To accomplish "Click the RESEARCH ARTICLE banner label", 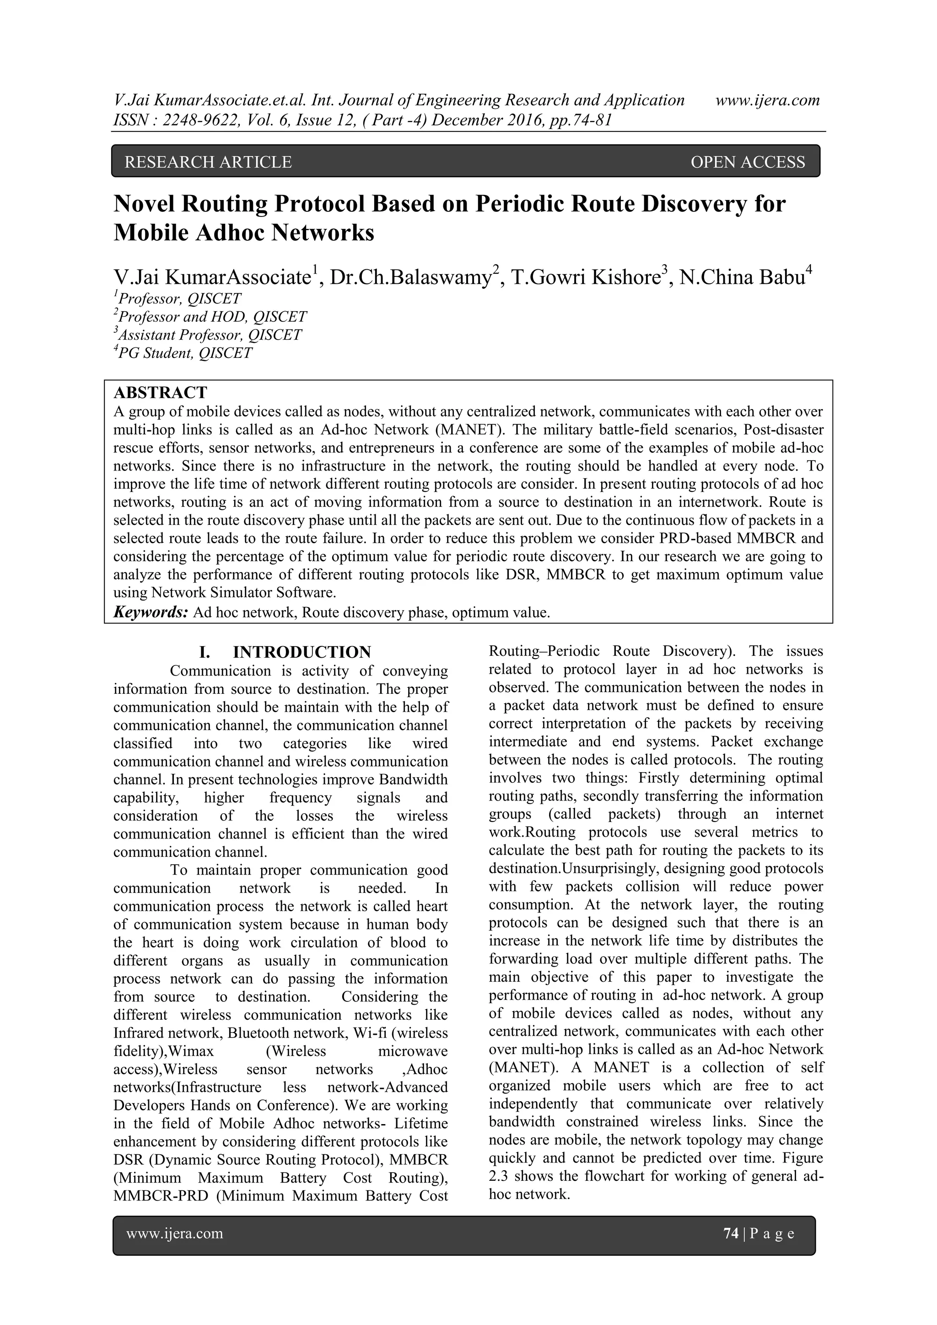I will (x=208, y=162).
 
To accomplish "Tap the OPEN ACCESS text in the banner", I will (x=747, y=162).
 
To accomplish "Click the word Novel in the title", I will (x=144, y=204).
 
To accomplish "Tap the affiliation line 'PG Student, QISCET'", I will (x=185, y=353).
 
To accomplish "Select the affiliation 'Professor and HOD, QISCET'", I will (x=212, y=317).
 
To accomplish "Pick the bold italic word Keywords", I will (x=151, y=612).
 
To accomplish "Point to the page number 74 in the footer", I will (x=731, y=1234).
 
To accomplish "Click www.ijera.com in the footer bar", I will (x=174, y=1234).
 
